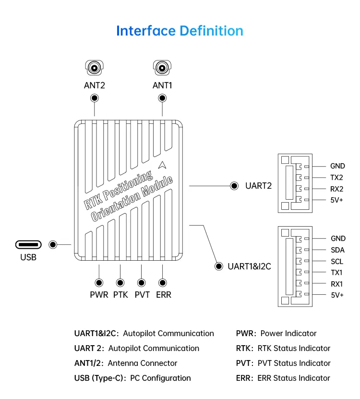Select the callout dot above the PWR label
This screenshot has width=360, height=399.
[x=99, y=283]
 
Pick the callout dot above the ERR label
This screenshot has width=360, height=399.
[x=163, y=283]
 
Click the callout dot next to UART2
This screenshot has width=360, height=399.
[x=235, y=186]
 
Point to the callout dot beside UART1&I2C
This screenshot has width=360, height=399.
[x=219, y=266]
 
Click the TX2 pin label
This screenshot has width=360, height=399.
[x=336, y=178]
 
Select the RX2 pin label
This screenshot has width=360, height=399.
[x=336, y=189]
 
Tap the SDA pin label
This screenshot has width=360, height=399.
[x=337, y=250]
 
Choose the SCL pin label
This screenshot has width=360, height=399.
[x=337, y=261]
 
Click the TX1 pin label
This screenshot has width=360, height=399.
[x=336, y=272]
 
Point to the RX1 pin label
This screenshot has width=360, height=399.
[x=336, y=284]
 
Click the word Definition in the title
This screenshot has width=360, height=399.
[x=211, y=31]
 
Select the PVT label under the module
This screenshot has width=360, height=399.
[x=142, y=295]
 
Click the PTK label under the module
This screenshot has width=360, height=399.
[x=120, y=295]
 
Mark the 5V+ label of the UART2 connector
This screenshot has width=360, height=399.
[x=336, y=200]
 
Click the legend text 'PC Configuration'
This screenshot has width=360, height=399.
[x=160, y=378]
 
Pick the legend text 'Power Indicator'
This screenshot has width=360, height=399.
[x=288, y=333]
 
